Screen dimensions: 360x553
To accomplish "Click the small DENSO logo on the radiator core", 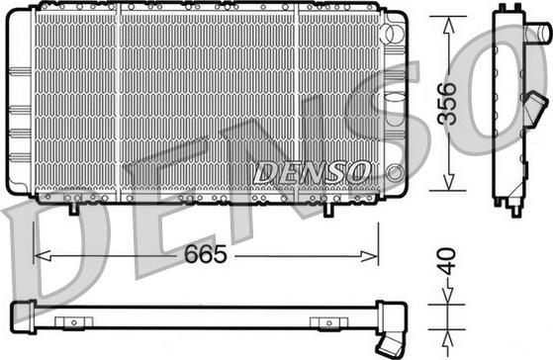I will pyautogui.click(x=311, y=171).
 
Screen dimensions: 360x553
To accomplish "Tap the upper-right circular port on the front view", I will pyautogui.click(x=396, y=34).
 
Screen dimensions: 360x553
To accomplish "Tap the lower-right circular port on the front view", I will pyautogui.click(x=396, y=171).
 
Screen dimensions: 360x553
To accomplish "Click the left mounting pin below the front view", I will pyautogui.click(x=76, y=208).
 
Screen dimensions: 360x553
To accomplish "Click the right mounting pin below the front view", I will pyautogui.click(x=329, y=208).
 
